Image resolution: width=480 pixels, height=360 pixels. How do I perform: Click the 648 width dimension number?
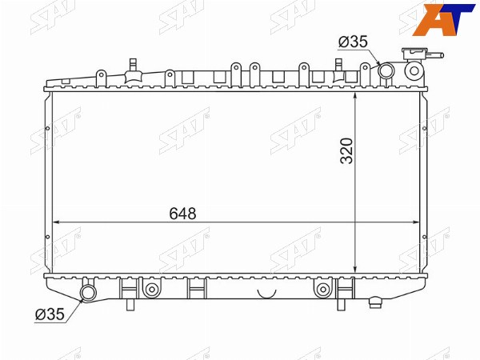point(182,214)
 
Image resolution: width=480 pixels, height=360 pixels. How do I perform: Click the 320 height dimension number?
point(347,151)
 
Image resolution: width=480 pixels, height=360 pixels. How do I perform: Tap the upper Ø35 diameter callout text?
point(353,42)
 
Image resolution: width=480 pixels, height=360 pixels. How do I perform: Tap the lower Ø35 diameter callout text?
point(50,314)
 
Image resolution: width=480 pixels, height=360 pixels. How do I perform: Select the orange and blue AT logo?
point(443,19)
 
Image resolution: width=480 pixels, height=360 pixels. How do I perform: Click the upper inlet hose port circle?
point(386,70)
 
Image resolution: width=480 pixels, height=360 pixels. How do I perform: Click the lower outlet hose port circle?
point(88,293)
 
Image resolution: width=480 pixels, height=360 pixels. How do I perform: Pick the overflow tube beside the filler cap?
point(434,56)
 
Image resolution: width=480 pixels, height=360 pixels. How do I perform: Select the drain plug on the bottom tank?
point(375,302)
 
